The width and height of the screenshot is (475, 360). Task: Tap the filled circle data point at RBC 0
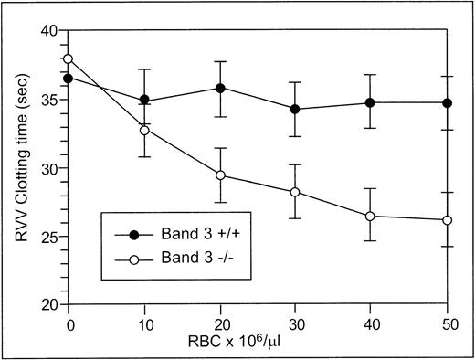point(69,79)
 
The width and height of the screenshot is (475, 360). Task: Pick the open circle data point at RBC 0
point(69,59)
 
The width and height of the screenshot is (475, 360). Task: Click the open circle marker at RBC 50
point(447,220)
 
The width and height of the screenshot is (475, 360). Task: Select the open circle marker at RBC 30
point(295,192)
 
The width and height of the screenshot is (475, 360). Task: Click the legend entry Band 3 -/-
point(179,259)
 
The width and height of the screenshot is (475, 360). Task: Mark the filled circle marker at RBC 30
point(295,109)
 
